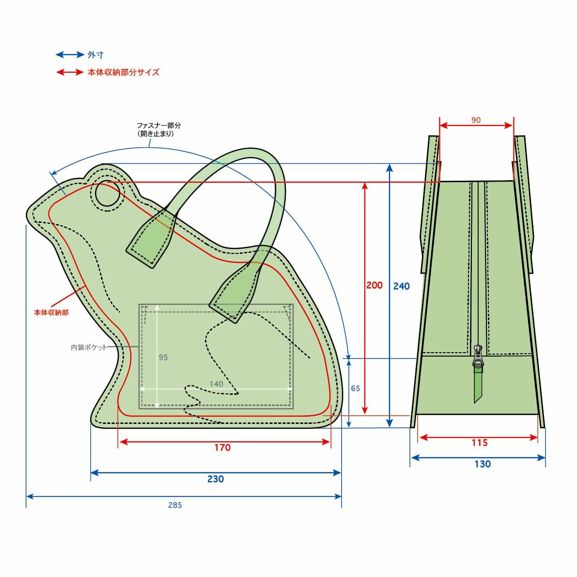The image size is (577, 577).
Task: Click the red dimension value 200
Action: tap(374, 285)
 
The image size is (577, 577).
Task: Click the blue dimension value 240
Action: tap(401, 286)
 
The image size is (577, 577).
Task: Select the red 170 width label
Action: tap(222, 448)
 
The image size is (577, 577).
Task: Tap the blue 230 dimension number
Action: tap(215, 479)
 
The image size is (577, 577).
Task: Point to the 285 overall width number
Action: tap(175, 505)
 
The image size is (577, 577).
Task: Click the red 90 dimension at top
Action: tap(476, 120)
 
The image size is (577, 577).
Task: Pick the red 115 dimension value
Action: tap(480, 443)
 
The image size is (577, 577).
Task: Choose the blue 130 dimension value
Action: tap(483, 464)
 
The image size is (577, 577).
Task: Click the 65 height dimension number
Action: tap(355, 388)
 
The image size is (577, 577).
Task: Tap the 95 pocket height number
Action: tap(163, 358)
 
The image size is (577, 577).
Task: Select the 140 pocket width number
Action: tap(216, 384)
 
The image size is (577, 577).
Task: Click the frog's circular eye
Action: tap(108, 193)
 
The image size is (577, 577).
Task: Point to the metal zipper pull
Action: tap(478, 356)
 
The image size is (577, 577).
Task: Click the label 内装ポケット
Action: tap(89, 347)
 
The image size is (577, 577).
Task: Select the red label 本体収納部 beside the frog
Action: tap(51, 312)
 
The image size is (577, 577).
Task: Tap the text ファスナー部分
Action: tap(158, 125)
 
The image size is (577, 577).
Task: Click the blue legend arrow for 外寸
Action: tap(70, 55)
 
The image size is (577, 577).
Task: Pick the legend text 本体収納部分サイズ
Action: tap(123, 72)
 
